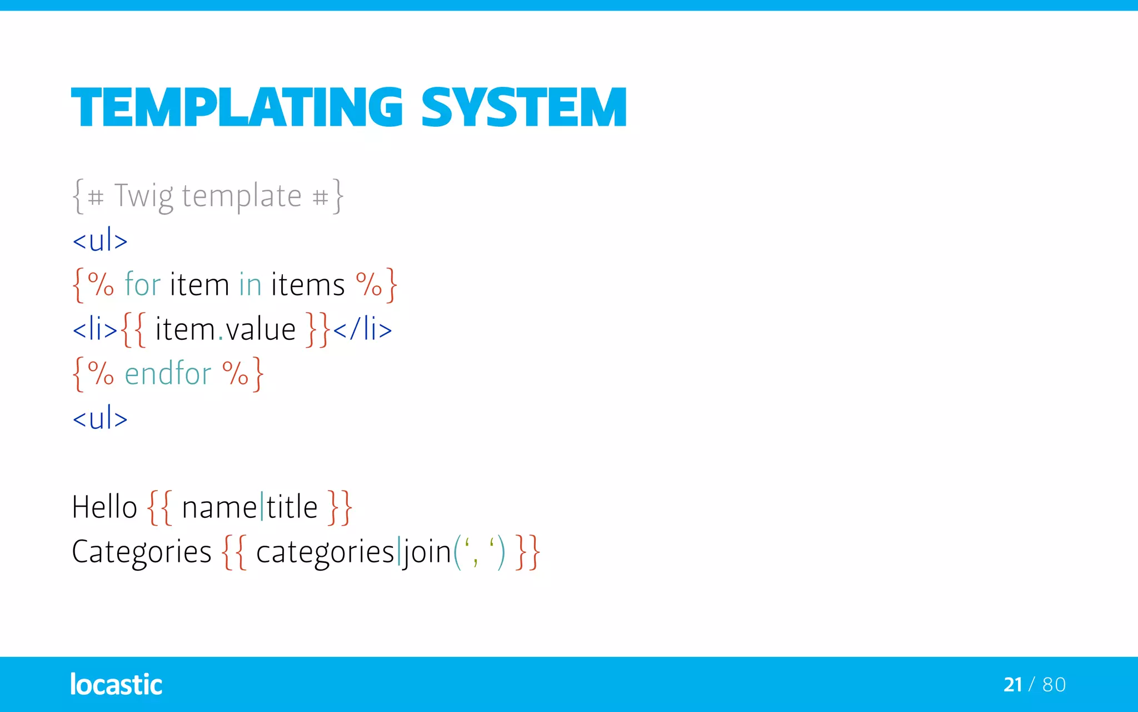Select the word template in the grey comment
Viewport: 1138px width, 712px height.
[242, 196]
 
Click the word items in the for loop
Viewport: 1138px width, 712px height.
[308, 285]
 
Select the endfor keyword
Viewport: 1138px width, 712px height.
[168, 373]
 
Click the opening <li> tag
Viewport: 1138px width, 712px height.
[95, 329]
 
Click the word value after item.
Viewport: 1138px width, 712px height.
[261, 329]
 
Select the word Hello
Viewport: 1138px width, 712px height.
[104, 507]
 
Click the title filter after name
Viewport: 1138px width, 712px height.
[292, 507]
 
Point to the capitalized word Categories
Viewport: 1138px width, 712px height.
[142, 552]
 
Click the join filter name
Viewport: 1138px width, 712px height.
[427, 552]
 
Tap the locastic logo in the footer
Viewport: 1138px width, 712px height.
[116, 684]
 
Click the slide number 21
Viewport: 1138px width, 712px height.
[1012, 684]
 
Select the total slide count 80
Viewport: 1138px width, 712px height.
[1054, 684]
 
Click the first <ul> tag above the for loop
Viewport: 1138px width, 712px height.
[100, 241]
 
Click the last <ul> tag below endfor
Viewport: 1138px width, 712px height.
[100, 418]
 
